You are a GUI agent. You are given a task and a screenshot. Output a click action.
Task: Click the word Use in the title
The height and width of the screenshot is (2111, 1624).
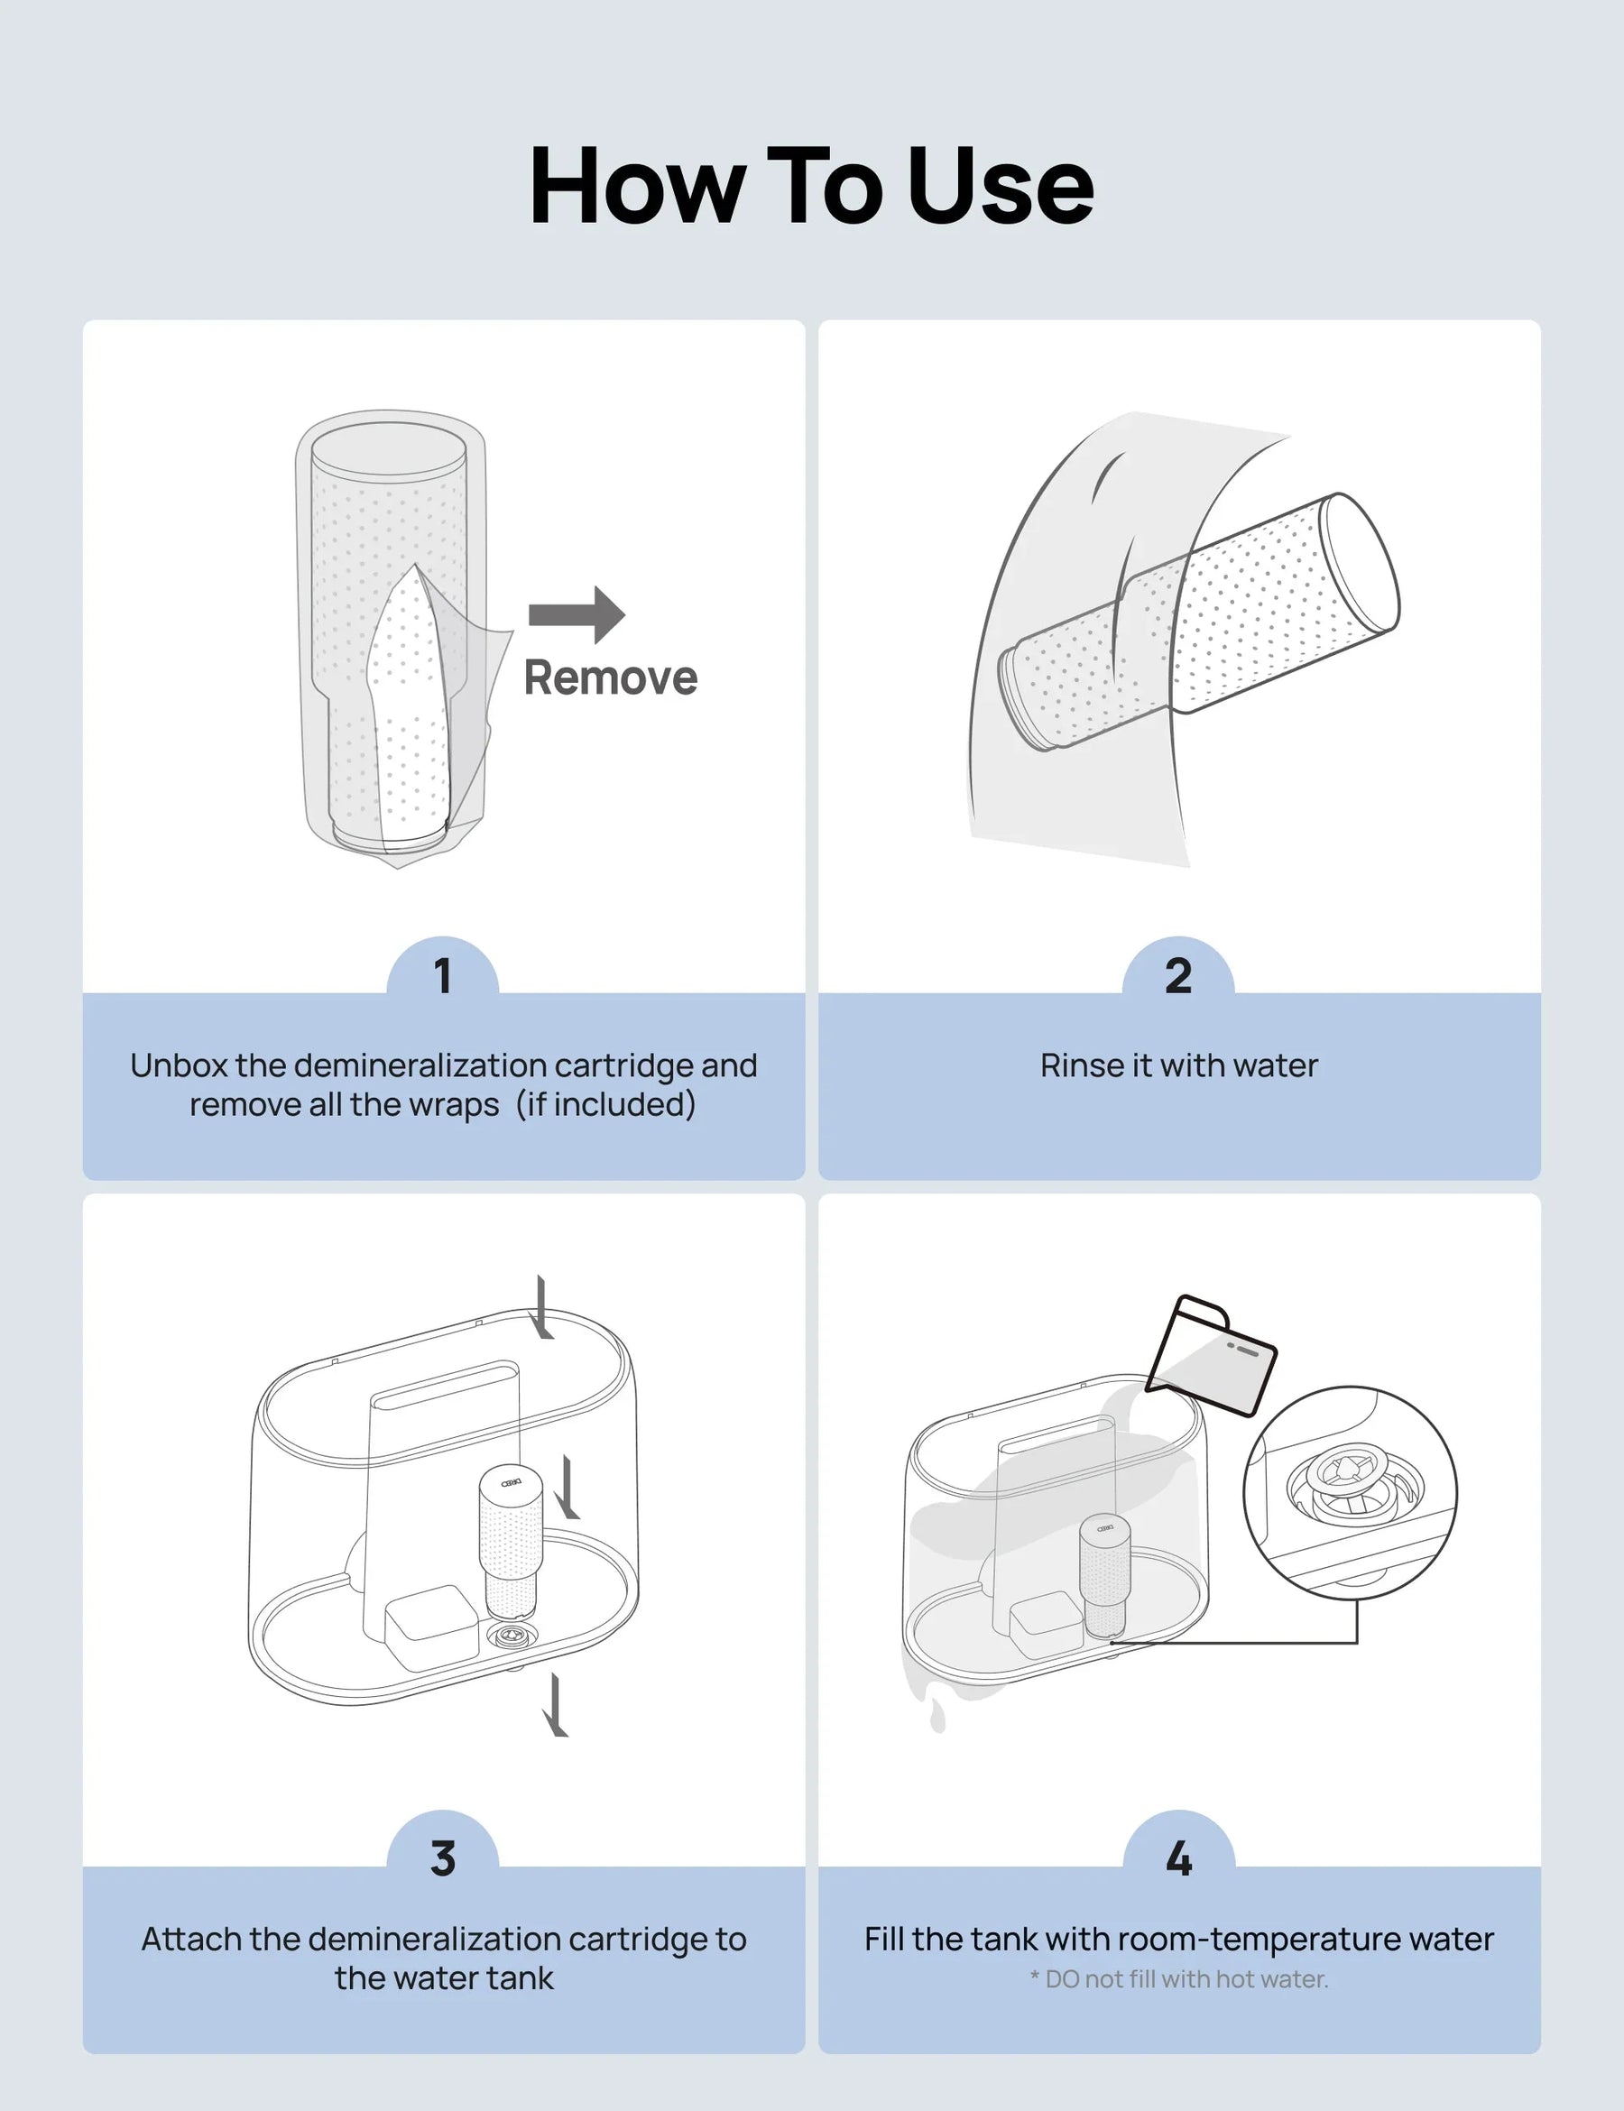(x=1001, y=186)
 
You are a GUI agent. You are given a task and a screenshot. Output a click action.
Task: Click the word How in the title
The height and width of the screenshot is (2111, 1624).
(x=638, y=186)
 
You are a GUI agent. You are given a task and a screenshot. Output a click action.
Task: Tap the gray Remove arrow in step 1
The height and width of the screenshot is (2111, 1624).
(x=578, y=614)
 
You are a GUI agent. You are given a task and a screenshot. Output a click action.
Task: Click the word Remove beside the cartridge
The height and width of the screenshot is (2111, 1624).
(x=610, y=678)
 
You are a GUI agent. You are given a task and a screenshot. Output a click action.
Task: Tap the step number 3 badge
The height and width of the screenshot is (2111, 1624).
(x=443, y=1857)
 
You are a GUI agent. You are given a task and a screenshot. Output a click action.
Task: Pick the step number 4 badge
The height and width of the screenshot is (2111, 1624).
(x=1178, y=1857)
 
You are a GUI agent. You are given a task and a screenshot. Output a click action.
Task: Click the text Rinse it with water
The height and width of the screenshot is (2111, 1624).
(x=1178, y=1065)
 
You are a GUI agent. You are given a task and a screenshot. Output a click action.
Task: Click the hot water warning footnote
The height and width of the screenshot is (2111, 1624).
(x=1179, y=1978)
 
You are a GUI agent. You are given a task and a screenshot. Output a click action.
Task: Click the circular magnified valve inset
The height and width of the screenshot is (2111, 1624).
(x=1350, y=1489)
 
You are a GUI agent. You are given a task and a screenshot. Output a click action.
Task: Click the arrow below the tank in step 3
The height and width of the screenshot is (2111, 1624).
(x=555, y=1705)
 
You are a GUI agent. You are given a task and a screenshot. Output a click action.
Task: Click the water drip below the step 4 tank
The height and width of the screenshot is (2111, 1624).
(x=937, y=1718)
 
